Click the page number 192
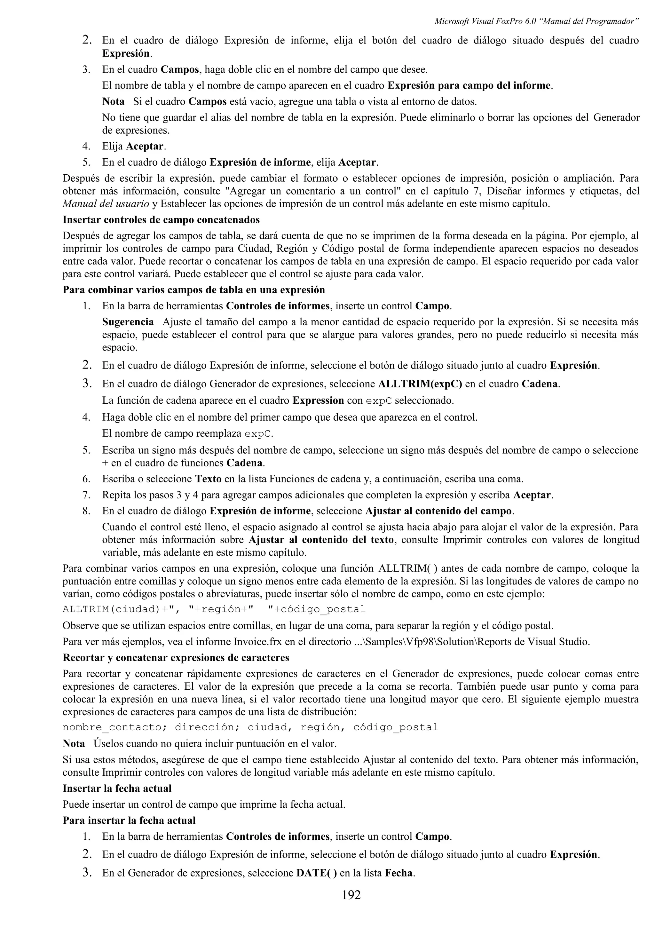[351, 895]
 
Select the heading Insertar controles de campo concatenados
[161, 220]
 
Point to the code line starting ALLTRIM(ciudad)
[214, 609]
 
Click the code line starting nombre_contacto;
[250, 727]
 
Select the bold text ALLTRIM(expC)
[420, 384]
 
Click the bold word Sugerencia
[128, 322]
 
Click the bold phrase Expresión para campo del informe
[469, 86]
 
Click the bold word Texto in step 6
[208, 479]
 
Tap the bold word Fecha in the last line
[399, 873]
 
